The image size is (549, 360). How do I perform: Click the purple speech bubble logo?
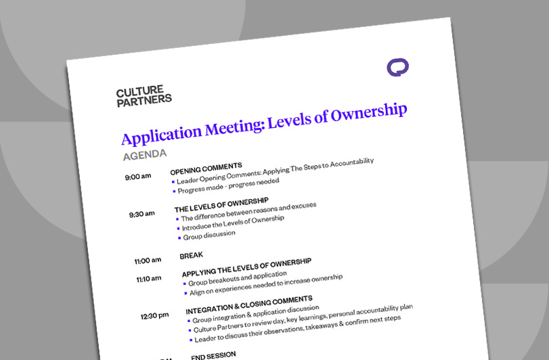(x=397, y=68)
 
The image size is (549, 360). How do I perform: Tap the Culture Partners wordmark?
(x=144, y=96)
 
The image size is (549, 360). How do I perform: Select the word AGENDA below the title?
(x=145, y=155)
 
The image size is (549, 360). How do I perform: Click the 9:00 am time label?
(x=138, y=178)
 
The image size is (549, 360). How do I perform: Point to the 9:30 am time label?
(x=142, y=215)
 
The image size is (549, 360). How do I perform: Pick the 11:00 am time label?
(x=147, y=260)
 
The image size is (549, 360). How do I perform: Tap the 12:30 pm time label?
(x=154, y=315)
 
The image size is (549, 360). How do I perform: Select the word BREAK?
(x=191, y=256)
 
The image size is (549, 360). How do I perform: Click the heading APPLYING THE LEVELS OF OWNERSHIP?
(x=246, y=267)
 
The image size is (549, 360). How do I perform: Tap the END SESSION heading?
(x=213, y=355)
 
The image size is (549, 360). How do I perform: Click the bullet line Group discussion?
(x=209, y=235)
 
